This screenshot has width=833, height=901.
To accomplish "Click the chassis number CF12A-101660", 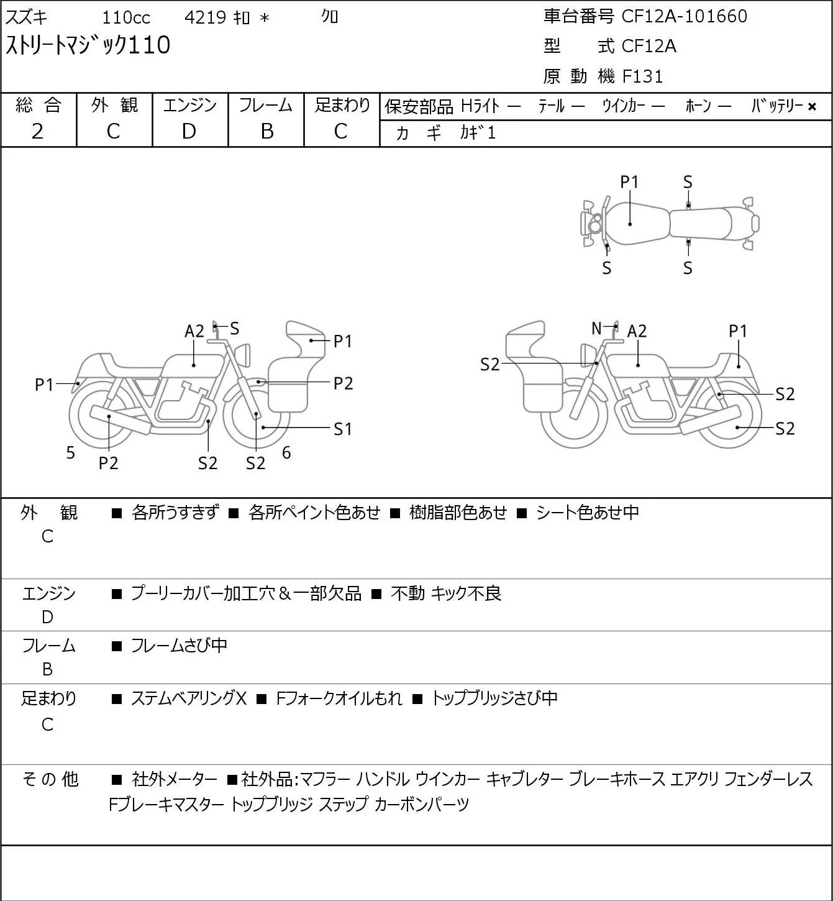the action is pos(684,16).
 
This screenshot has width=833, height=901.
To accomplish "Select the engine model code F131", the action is pos(642,76).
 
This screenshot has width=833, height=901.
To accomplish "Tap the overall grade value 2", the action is pos(37,131).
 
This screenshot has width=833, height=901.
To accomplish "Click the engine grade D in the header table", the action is pos(189,131).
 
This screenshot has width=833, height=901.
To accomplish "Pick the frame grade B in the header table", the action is pos(266,131).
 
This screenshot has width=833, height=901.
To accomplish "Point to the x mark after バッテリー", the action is pos(812,107).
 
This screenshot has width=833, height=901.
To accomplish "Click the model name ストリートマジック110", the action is pos(88,45).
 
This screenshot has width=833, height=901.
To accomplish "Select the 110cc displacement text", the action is pos(125,17).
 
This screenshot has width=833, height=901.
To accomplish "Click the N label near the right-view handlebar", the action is pos(596,327).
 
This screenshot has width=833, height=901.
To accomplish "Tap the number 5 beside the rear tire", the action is pos(70,452).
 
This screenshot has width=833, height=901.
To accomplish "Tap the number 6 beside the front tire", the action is pos(286,452).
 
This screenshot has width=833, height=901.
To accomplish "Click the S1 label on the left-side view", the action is pos(342,429).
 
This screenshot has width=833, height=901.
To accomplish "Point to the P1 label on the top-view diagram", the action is pos(629,182).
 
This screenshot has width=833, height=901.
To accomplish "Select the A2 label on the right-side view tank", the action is pos(637,331).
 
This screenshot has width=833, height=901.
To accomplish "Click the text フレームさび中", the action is pos(179,645).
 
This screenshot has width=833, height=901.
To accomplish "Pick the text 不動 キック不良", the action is pos(446,593).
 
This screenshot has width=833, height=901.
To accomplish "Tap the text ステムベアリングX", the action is pos(189,698).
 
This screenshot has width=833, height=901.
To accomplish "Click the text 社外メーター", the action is pos(174,779).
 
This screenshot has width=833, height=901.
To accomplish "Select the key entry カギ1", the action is pos(478,133).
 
